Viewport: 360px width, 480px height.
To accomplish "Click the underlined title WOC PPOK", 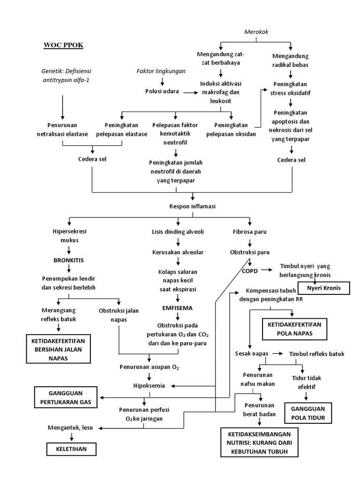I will pyautogui.click(x=63, y=45).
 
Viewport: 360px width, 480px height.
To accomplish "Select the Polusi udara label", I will pyautogui.click(x=161, y=91).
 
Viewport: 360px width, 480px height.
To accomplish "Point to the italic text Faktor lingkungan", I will pyautogui.click(x=161, y=71).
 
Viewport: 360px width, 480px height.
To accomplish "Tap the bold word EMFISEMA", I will pyautogui.click(x=177, y=308).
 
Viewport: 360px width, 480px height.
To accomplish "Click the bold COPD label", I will pyautogui.click(x=249, y=270).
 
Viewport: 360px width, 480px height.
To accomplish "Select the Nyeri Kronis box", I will pyautogui.click(x=324, y=287).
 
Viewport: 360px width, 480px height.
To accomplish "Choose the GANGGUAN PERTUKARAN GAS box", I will pyautogui.click(x=65, y=398).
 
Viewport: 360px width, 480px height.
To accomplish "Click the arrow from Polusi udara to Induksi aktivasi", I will pyautogui.click(x=189, y=92).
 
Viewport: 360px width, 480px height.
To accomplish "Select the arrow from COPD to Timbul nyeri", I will pyautogui.click(x=267, y=270).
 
